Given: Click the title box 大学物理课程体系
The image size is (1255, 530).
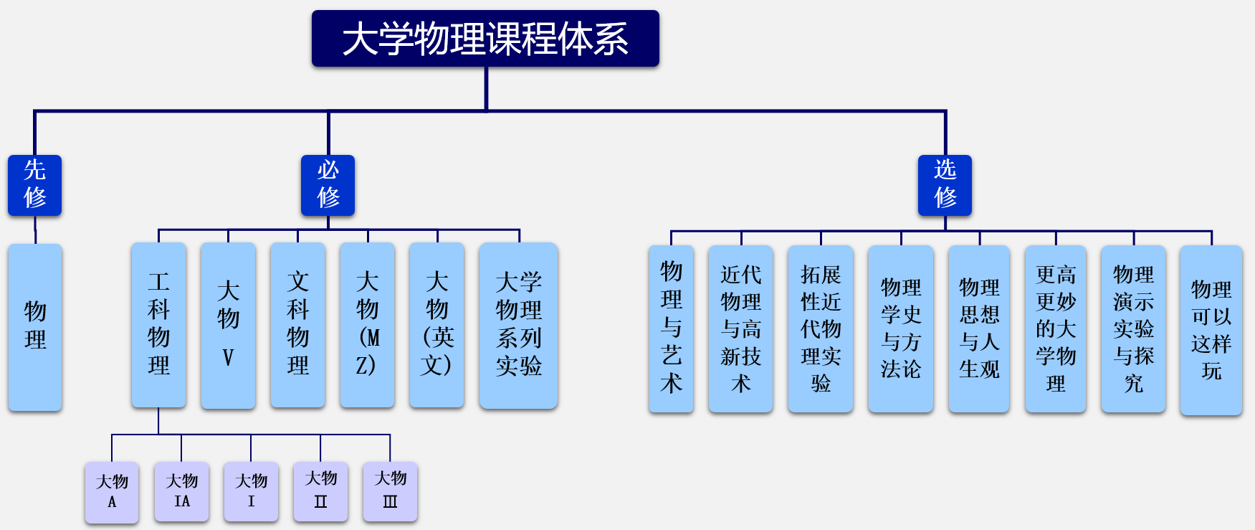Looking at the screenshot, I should point(485,39).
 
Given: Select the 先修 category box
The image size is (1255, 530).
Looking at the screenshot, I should point(34,185).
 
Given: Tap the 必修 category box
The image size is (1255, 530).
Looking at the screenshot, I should point(328,185).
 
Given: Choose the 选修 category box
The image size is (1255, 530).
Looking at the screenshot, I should point(945,185).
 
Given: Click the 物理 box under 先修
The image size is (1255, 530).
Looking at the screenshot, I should point(34,327).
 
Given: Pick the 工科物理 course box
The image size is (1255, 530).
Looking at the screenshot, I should point(158,325).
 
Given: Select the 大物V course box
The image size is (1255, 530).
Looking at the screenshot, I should point(228,325).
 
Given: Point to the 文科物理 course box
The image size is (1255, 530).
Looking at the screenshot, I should point(297,325).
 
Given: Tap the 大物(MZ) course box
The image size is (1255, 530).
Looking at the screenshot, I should point(367,325).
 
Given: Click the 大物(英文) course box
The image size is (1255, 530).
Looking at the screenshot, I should point(436,325).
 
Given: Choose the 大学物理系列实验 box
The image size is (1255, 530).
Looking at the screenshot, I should point(518,325).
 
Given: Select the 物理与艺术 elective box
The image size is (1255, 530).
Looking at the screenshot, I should point(671,328).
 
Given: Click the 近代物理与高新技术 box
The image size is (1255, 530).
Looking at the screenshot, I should point(740,328).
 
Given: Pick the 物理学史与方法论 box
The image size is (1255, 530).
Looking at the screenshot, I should point(900,328).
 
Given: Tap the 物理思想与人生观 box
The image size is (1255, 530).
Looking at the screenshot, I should point(979,328).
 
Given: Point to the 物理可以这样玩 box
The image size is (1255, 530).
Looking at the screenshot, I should point(1211,330).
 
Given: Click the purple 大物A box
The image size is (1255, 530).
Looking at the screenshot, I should point(112,492).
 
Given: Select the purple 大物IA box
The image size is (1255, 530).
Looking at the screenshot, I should point(181,491).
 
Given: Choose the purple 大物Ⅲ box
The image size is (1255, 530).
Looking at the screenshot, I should point(390,491).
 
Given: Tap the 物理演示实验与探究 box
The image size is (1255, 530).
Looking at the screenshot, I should point(1133,328).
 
